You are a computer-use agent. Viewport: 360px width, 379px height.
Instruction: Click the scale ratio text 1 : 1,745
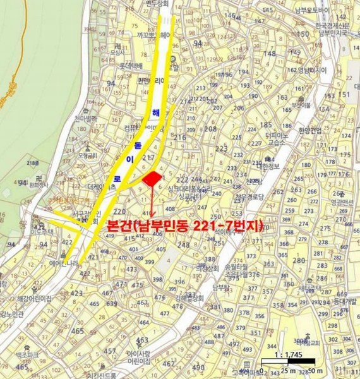coord(291,356)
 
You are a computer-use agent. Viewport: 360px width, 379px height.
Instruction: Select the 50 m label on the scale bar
coord(315,370)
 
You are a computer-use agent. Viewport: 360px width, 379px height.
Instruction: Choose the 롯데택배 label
coord(131,65)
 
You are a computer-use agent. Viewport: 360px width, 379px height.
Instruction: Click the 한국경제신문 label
coord(315,25)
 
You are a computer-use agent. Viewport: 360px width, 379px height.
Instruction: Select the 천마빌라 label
coord(85,118)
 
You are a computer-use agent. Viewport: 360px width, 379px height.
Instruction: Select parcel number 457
coord(109,351)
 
